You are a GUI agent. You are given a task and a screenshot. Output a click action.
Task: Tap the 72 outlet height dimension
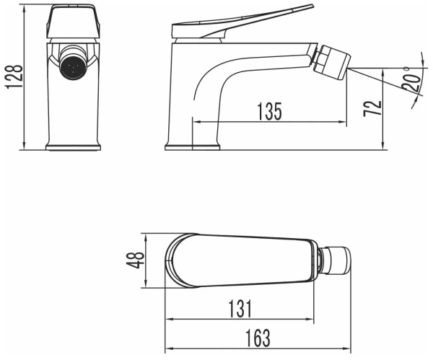372,109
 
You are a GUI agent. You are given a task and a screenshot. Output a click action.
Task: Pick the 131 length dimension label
238,309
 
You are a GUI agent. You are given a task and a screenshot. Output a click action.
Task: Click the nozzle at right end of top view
339,260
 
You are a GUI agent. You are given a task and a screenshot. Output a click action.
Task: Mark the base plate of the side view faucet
192,147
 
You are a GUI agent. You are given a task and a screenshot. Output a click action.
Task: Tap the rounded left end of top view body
173,260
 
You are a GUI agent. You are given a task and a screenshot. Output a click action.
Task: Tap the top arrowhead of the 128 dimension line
25,9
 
